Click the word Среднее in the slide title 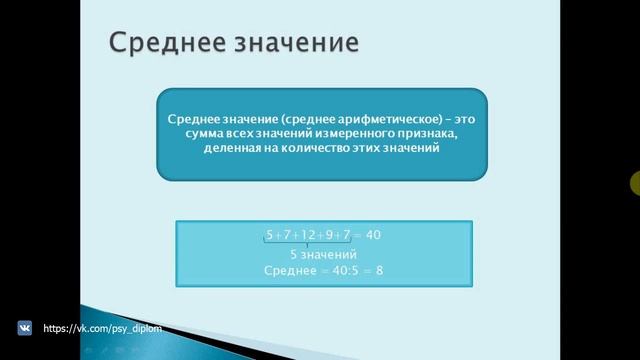[159, 44]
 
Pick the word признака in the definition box [430, 134]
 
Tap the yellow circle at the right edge [636, 183]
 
